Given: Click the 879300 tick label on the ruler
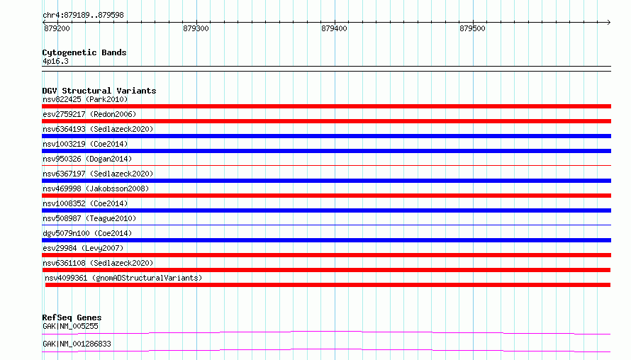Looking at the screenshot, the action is click(x=196, y=28).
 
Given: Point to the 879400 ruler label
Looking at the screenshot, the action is click(x=334, y=28).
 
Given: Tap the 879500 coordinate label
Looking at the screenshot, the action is click(x=472, y=28).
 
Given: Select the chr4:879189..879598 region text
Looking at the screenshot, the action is click(x=83, y=16).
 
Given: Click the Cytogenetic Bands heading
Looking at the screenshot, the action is click(x=84, y=52).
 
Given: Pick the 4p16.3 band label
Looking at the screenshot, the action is click(x=55, y=61).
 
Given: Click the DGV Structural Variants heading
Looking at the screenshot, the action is click(x=99, y=91).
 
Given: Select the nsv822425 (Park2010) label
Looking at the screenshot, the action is click(x=85, y=99).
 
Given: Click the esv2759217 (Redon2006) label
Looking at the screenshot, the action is click(x=89, y=114).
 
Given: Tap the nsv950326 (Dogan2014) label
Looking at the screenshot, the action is click(x=87, y=159).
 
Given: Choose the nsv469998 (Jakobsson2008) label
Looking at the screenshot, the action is click(x=96, y=189).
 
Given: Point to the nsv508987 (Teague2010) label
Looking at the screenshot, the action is click(x=89, y=218).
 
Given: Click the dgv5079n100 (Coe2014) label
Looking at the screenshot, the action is click(x=87, y=233).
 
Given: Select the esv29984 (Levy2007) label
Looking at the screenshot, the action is click(x=83, y=248).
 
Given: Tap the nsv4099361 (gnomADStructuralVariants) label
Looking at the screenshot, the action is click(x=123, y=278).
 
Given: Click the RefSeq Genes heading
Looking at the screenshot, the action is click(x=72, y=317).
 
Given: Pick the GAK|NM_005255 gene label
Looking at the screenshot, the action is click(x=70, y=326).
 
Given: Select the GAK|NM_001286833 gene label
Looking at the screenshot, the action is click(x=77, y=344).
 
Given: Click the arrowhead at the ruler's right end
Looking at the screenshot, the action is click(x=609, y=23).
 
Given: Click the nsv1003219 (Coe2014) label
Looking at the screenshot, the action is click(x=85, y=144).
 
